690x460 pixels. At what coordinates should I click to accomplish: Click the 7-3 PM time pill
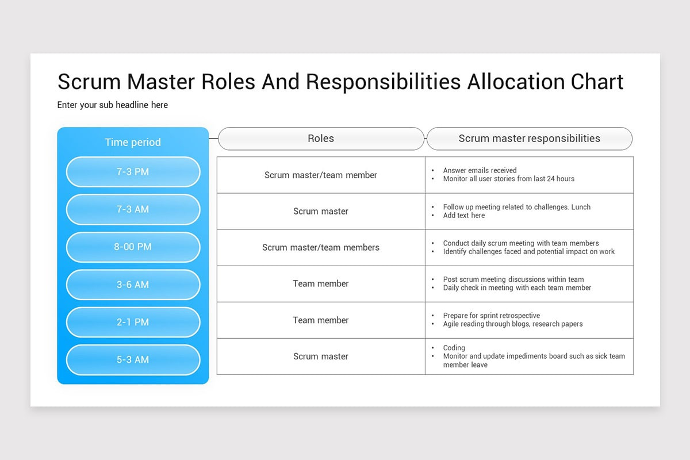[x=133, y=172]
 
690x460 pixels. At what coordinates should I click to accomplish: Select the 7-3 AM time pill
[x=133, y=209]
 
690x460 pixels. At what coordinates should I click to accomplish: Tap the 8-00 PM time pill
[x=133, y=247]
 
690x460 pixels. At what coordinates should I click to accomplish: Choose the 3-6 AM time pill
[x=133, y=285]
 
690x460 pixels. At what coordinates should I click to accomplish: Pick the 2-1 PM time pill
[x=133, y=322]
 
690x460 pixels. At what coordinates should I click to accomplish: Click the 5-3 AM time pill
[x=133, y=360]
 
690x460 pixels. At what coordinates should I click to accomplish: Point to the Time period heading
[x=133, y=142]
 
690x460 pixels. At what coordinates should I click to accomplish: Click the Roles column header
[x=321, y=139]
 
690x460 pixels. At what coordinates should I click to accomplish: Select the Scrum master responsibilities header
[x=529, y=139]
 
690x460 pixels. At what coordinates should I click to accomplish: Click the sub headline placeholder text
[x=113, y=105]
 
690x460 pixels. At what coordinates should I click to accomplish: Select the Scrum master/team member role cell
[x=321, y=175]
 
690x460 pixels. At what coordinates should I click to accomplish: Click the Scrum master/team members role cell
[x=321, y=247]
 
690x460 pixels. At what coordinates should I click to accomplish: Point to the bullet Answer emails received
[x=480, y=170]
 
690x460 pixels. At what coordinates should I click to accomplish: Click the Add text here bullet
[x=463, y=215]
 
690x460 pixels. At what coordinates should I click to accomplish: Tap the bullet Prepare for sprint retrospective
[x=491, y=315]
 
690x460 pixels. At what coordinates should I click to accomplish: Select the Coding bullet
[x=454, y=347]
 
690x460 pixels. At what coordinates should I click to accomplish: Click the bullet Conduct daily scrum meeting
[x=520, y=243]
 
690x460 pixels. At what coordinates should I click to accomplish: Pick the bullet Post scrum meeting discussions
[x=513, y=279]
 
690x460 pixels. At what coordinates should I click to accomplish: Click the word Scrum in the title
[x=89, y=82]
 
